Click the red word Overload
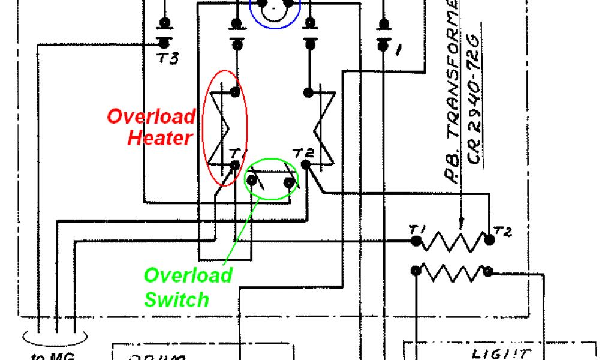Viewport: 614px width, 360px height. click(x=151, y=116)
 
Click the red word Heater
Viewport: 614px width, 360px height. click(x=160, y=137)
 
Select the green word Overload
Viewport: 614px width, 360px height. click(x=188, y=275)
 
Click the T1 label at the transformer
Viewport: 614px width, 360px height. click(x=416, y=229)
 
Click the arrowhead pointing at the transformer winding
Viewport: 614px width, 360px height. click(x=460, y=225)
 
